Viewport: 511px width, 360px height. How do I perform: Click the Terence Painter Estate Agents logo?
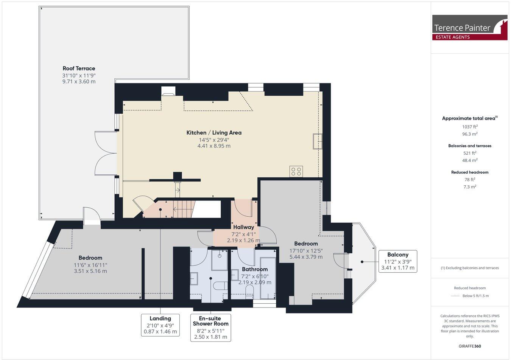tap(469, 28)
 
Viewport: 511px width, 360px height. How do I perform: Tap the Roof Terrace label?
tap(79, 68)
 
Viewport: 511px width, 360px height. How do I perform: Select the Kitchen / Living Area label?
tap(214, 133)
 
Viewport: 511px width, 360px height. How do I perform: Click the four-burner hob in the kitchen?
tap(296, 171)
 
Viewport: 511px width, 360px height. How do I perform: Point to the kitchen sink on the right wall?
tap(317, 141)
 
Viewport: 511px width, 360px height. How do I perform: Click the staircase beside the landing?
tap(183, 209)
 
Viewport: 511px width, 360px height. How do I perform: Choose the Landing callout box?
tap(160, 325)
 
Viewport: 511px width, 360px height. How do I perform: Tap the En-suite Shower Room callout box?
tap(210, 327)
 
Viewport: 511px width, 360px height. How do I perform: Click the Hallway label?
tap(243, 227)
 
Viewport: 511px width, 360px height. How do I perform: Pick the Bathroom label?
tap(255, 269)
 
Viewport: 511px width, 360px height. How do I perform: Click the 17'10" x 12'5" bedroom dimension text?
tap(306, 250)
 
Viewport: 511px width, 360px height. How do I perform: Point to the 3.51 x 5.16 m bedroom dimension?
tap(90, 271)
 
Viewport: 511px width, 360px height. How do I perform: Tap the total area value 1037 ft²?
tap(470, 127)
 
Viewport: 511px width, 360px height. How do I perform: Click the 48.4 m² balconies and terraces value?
tap(470, 160)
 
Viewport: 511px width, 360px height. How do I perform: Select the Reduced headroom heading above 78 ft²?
tap(470, 172)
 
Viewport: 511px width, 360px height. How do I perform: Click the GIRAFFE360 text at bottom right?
tap(470, 346)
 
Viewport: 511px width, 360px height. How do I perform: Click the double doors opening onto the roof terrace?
tap(106, 153)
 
